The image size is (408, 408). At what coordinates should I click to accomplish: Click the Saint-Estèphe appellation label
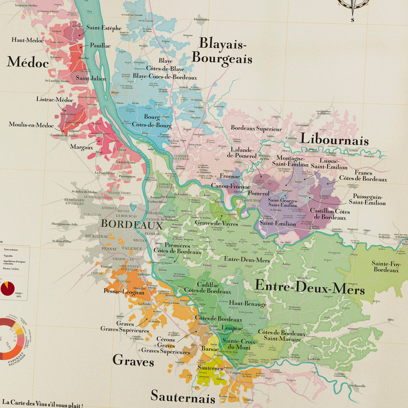(x=104, y=28)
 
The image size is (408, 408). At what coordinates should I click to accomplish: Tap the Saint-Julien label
(x=91, y=78)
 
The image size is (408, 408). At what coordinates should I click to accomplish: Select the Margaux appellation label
(x=81, y=147)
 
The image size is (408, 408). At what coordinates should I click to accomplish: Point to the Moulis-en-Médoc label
(x=31, y=125)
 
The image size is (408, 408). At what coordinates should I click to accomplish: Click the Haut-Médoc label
(x=27, y=40)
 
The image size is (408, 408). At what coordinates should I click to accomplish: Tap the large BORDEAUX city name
(x=132, y=224)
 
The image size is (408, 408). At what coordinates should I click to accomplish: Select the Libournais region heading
(x=334, y=139)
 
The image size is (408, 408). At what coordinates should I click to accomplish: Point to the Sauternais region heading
(x=183, y=397)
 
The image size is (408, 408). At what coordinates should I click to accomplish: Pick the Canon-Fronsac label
(x=230, y=186)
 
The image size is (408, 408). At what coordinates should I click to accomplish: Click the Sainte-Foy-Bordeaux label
(x=386, y=267)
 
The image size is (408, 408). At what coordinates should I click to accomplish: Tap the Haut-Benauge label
(x=247, y=304)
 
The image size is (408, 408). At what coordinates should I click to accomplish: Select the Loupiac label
(x=232, y=328)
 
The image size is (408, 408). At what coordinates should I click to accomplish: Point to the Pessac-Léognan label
(x=124, y=292)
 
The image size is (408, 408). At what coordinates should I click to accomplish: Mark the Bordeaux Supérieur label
(x=256, y=128)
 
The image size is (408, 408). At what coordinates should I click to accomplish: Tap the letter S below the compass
(x=352, y=20)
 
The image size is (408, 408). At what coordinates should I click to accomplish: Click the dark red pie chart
(x=7, y=288)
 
